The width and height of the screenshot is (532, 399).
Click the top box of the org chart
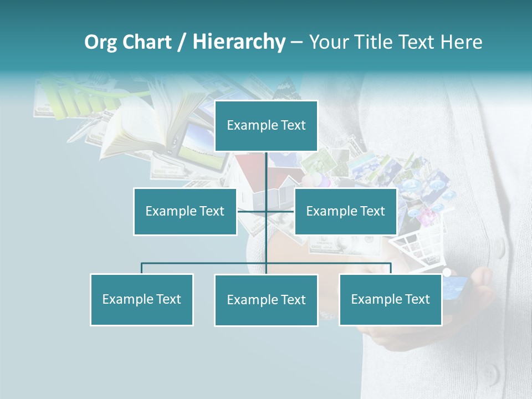coord(266,126)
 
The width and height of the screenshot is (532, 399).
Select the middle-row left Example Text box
coord(185,211)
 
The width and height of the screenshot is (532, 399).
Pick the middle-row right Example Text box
coord(346,211)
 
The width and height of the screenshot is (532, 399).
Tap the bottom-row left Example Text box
coord(142,299)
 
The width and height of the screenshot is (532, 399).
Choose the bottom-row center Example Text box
coord(266,300)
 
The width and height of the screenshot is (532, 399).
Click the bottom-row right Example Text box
coord(391,299)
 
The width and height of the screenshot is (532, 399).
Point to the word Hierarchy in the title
coord(239,42)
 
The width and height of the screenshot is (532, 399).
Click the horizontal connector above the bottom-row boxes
coord(205,263)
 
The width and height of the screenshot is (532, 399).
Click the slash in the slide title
coord(182,42)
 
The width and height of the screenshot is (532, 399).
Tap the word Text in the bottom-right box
coord(417,299)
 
